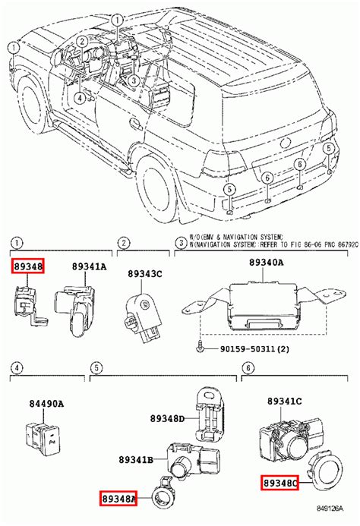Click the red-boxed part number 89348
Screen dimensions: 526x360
(x=27, y=266)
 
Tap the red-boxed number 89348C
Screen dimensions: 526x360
(x=280, y=481)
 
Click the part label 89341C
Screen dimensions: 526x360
(x=285, y=400)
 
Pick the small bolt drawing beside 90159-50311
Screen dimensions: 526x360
(x=199, y=348)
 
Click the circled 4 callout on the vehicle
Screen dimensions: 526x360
(x=81, y=97)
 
